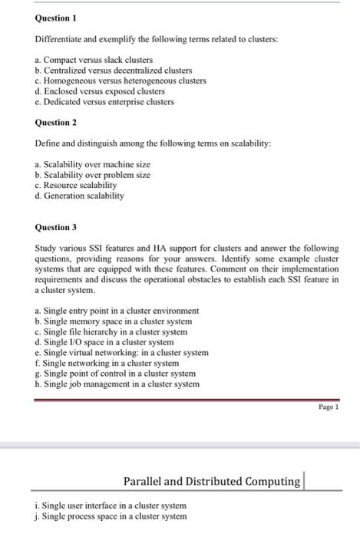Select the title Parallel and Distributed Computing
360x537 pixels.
tap(212, 481)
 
